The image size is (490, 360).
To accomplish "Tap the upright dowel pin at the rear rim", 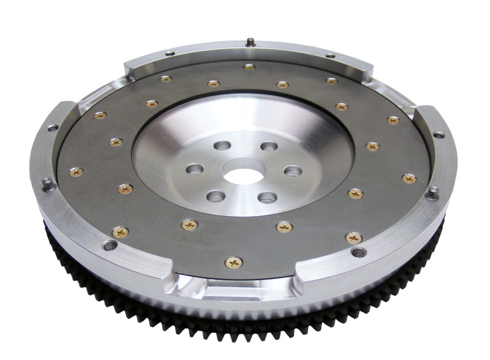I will click(250, 42).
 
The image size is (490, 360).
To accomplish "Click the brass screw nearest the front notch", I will click(234, 262).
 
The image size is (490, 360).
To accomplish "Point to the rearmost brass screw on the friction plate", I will click(249, 67).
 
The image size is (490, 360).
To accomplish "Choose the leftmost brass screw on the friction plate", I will click(76, 173).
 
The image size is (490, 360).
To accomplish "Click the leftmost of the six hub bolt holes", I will click(195, 168).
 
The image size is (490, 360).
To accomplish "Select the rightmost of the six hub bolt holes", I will click(293, 171).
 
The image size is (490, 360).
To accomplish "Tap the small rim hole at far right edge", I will click(439, 135).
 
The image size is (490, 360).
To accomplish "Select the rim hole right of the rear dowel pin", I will click(330, 56).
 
